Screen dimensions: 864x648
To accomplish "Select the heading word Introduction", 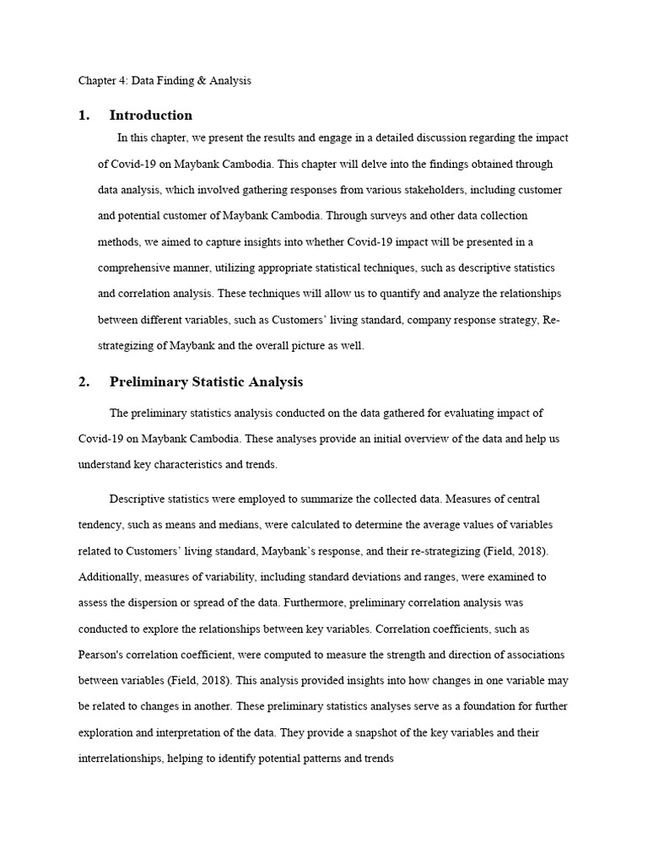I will [x=151, y=116].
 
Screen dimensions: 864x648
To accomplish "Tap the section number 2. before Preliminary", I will [x=84, y=382].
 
